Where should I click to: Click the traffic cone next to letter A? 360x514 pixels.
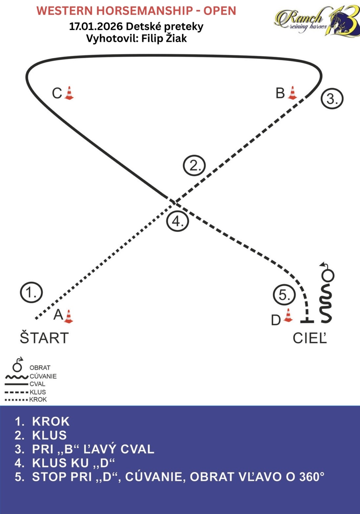[68, 316]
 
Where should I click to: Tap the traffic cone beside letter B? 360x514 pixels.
[292, 93]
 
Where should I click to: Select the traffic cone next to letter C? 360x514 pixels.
[69, 93]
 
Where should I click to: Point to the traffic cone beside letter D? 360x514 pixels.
[288, 316]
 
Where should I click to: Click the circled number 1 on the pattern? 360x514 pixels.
[31, 292]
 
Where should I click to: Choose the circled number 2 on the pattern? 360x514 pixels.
[194, 166]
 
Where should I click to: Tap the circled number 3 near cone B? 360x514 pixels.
[332, 99]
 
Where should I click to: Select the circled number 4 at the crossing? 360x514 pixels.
[177, 221]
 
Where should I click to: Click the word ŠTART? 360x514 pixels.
[44, 338]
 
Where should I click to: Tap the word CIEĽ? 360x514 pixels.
[310, 338]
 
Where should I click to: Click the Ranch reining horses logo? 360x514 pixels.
[317, 20]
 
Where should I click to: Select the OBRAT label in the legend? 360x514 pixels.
[40, 368]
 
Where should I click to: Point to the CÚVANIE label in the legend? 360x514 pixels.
[43, 376]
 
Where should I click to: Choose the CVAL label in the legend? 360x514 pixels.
[37, 384]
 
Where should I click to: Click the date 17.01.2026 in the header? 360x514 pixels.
[95, 26]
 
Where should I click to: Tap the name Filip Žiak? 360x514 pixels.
[164, 38]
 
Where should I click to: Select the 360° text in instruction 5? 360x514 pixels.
[311, 477]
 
